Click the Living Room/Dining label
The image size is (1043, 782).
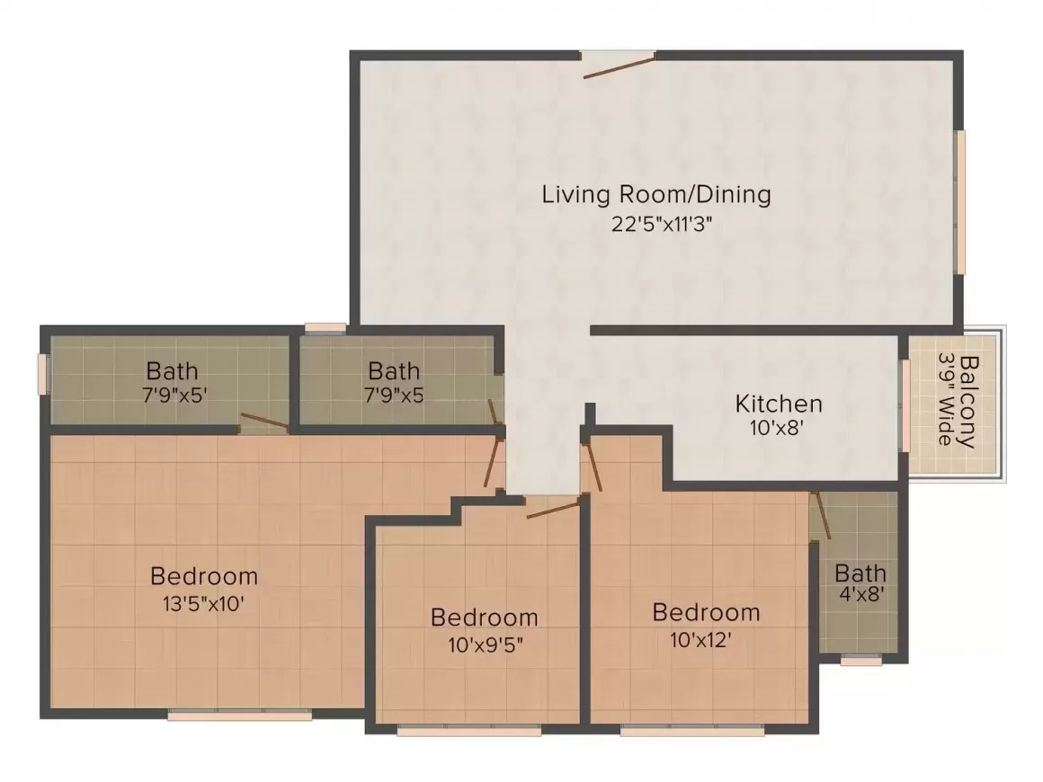coord(656,194)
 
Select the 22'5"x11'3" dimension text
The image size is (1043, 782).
coord(662,224)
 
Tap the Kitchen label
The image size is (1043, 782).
coord(779,404)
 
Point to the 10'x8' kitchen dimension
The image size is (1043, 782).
coord(778,428)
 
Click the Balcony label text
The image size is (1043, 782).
coord(968,403)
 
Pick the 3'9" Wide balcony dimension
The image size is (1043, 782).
coord(945,399)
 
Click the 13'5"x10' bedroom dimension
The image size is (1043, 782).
coord(203,604)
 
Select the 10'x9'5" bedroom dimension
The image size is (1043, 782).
coord(485,644)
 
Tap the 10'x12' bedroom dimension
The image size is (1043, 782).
coord(700,640)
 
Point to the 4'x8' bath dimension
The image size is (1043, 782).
coord(861,593)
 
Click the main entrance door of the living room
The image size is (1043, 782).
coord(620,65)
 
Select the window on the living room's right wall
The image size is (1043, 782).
coord(960,202)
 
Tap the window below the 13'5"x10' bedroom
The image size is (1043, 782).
coord(239,715)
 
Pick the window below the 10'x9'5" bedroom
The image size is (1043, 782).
coord(469,731)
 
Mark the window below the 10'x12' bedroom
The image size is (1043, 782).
coord(692,731)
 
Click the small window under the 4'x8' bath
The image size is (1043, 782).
coord(861,660)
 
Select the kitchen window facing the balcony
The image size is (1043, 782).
coord(904,405)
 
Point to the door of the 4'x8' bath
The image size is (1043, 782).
coord(822,515)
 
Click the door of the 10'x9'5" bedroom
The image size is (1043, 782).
coord(553,510)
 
